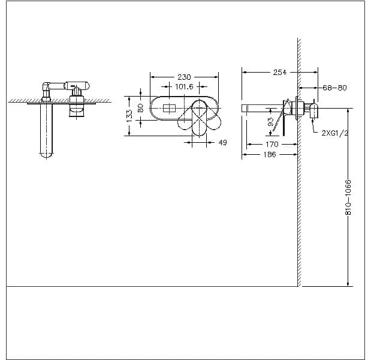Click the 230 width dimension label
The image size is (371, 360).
[184, 77]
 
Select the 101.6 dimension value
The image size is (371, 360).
[184, 86]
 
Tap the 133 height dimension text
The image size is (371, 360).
[129, 116]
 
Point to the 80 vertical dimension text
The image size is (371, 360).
[140, 108]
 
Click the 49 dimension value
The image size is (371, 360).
[222, 142]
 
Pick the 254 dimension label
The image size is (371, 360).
[280, 72]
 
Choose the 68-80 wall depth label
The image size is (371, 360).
[334, 88]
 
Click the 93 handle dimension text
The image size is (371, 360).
[270, 122]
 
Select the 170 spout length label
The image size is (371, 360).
[272, 144]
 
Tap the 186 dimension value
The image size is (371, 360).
[270, 154]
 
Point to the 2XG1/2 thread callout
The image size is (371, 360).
[335, 133]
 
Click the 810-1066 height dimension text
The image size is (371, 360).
[348, 197]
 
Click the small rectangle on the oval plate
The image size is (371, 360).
[170, 108]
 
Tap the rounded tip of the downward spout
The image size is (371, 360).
[46, 155]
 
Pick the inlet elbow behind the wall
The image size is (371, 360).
[313, 110]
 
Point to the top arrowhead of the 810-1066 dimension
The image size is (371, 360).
[348, 111]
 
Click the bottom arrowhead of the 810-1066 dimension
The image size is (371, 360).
[348, 283]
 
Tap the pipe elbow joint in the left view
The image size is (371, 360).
[46, 86]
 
